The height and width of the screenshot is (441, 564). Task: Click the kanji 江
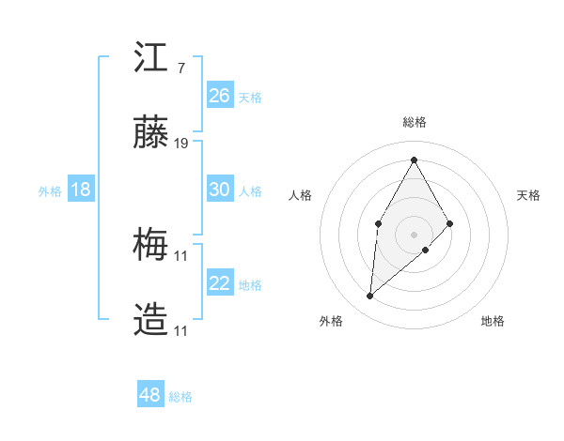[151, 57]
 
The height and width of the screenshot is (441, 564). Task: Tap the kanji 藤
[151, 135]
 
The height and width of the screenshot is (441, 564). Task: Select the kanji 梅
[151, 247]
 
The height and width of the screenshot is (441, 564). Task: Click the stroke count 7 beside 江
[180, 68]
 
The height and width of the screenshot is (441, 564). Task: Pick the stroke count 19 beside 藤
[181, 144]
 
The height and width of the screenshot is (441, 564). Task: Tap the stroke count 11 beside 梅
[181, 255]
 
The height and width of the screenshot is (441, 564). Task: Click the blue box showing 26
[220, 96]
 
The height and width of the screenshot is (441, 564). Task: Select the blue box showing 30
[220, 190]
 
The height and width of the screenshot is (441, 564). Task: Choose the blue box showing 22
[220, 283]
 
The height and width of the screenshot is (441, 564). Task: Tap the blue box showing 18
[81, 190]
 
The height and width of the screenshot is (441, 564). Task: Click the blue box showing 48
[149, 395]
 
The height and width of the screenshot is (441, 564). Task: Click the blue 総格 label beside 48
[181, 397]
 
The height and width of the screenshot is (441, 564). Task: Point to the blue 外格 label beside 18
[50, 191]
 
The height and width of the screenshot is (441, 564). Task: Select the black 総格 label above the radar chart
[414, 122]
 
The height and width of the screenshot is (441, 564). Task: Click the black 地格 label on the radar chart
[493, 321]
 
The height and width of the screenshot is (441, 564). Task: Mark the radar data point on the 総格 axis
[414, 159]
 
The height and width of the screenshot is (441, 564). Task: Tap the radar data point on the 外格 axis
[370, 297]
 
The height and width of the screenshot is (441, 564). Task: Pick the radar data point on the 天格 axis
[450, 223]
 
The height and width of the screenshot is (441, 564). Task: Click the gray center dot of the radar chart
[414, 233]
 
